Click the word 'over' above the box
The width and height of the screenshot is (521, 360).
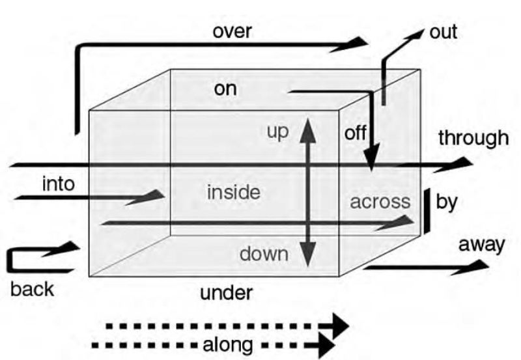(x=232, y=31)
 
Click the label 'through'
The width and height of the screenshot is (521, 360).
(x=473, y=138)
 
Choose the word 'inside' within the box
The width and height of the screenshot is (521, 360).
(x=233, y=192)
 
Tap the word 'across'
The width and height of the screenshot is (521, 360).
(x=381, y=202)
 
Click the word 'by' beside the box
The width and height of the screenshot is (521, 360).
(x=446, y=202)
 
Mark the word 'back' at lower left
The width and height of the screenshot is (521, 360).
(x=32, y=288)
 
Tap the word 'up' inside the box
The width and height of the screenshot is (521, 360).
(x=277, y=130)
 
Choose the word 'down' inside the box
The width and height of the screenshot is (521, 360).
(x=264, y=253)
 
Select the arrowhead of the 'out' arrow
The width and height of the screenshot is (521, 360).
(x=414, y=36)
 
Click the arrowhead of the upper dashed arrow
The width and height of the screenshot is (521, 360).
(x=339, y=324)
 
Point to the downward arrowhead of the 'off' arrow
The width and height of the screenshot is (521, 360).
(x=371, y=163)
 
